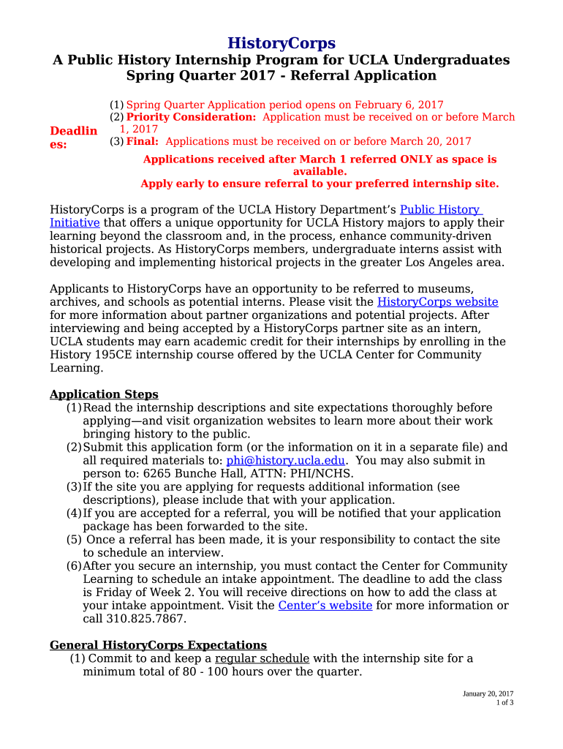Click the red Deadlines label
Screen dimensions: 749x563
[72, 137]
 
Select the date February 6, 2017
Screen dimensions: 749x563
[400, 105]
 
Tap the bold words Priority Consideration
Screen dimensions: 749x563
[191, 117]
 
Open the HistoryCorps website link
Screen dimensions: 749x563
[437, 301]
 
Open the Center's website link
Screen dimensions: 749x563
[325, 605]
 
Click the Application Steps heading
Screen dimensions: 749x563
[104, 394]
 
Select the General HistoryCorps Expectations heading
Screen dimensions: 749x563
[158, 644]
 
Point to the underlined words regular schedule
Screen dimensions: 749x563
[262, 658]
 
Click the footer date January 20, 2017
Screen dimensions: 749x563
[488, 693]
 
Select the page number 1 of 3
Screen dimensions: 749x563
[505, 703]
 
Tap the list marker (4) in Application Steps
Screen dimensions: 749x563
[74, 513]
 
